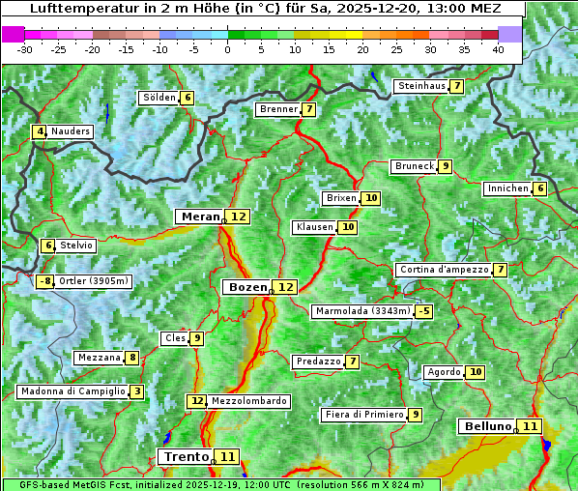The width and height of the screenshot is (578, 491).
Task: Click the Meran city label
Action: [199, 217]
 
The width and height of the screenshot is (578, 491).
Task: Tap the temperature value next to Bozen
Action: [285, 287]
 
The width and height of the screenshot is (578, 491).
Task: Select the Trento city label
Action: [186, 456]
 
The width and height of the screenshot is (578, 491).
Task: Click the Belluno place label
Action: [486, 426]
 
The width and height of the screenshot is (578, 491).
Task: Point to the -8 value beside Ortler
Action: [44, 281]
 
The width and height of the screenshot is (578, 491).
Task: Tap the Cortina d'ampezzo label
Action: [443, 270]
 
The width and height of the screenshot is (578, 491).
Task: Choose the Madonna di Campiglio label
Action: [72, 391]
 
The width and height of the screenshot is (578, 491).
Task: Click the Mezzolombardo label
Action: [248, 401]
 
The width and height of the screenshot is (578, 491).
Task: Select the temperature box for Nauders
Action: [40, 131]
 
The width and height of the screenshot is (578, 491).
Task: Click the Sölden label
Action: [159, 98]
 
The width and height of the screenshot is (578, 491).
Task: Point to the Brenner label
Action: [278, 109]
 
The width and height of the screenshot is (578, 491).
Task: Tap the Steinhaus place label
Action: [421, 86]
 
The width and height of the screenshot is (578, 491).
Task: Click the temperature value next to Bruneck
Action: [445, 166]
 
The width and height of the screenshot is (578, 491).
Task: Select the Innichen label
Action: [507, 188]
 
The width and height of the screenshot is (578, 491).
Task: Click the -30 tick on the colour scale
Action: [25, 49]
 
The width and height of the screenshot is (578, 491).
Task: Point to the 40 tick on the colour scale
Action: [498, 49]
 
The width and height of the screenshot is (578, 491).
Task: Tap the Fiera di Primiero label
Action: [363, 415]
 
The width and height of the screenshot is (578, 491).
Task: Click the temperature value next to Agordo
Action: [475, 372]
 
